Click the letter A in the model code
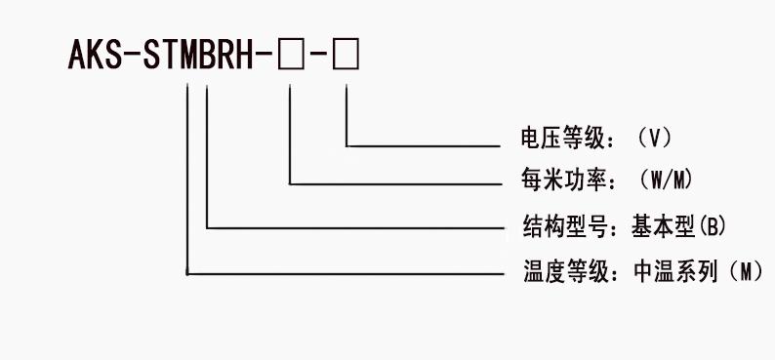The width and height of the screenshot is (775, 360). pyautogui.click(x=78, y=57)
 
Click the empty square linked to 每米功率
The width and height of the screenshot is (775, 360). pyautogui.click(x=291, y=58)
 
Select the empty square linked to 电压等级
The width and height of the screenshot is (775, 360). pyautogui.click(x=346, y=58)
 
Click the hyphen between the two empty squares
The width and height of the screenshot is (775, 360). pyautogui.click(x=318, y=59)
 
